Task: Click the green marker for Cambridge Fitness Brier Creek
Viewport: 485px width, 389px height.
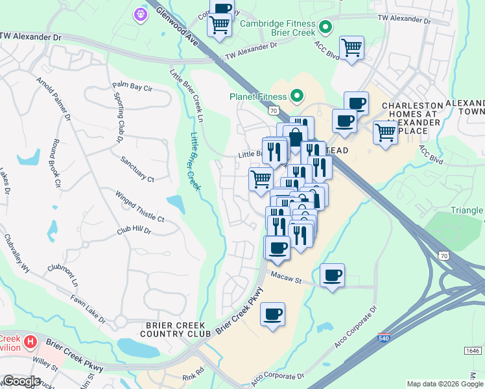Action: point(325,27)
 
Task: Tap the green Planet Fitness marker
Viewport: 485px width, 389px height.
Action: point(298,97)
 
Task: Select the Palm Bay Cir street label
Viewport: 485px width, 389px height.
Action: point(132,86)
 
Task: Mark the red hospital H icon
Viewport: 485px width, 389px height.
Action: point(29,341)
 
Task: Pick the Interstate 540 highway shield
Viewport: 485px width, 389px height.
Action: point(384,338)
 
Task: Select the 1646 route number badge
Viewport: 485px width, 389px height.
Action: point(473,350)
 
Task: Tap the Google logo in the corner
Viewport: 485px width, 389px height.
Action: point(21,381)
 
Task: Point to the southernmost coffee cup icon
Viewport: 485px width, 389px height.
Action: point(272,314)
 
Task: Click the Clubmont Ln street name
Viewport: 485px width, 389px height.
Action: point(62,275)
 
